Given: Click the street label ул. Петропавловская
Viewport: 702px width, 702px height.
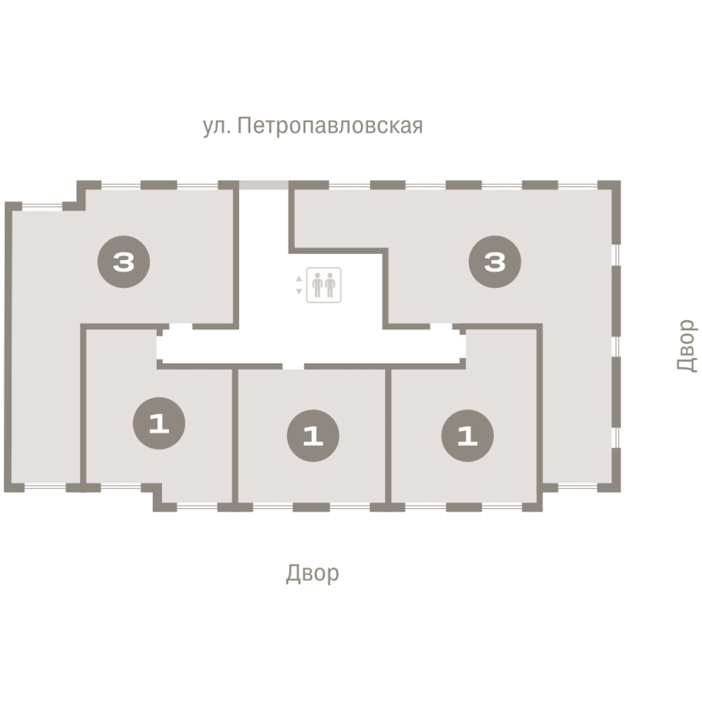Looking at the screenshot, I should tap(312, 126).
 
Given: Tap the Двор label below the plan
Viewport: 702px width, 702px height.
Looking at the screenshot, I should tap(312, 573).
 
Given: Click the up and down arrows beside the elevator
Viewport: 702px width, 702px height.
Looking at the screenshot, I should tap(299, 285).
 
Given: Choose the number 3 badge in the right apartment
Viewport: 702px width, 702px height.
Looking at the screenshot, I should tap(494, 263).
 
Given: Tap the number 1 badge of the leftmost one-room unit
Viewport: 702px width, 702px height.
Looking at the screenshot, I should tap(159, 424).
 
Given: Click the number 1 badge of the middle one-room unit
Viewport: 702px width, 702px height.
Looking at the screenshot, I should tap(313, 436).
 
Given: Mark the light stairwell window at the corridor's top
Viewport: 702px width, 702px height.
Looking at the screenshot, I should tap(264, 185).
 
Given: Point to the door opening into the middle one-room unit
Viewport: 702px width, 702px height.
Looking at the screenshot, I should tap(294, 366).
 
